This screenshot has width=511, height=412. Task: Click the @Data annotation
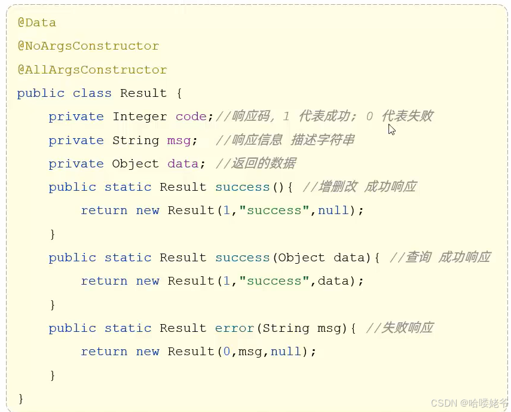pyautogui.click(x=36, y=23)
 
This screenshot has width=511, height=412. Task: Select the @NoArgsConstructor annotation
pyautogui.click(x=88, y=46)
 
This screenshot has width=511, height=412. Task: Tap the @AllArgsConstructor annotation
pyautogui.click(x=92, y=69)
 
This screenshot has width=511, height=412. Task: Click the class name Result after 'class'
pyautogui.click(x=143, y=93)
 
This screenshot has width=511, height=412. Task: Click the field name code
pyautogui.click(x=191, y=117)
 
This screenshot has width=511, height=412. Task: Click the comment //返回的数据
pyautogui.click(x=256, y=163)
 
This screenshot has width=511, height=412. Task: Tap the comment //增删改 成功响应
pyautogui.click(x=359, y=187)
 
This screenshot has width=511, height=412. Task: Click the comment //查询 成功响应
pyautogui.click(x=440, y=257)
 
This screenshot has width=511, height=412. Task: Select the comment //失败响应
pyautogui.click(x=399, y=328)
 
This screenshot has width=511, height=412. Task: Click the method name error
pyautogui.click(x=234, y=328)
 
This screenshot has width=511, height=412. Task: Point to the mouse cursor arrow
pyautogui.click(x=391, y=129)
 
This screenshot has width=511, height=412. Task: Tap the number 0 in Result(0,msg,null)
pyautogui.click(x=227, y=352)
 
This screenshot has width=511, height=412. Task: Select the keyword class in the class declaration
pyautogui.click(x=92, y=93)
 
